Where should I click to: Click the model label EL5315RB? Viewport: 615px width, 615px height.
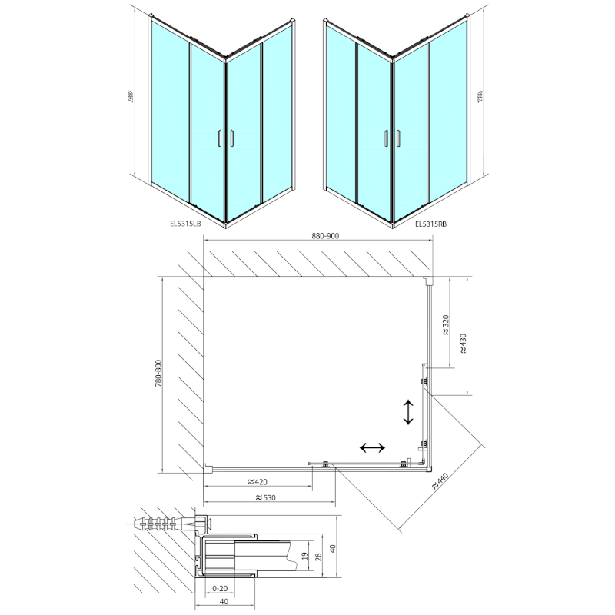(430, 224)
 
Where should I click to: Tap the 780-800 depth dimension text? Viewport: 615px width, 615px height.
(158, 374)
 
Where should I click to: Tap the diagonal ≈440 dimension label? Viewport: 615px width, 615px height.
(440, 483)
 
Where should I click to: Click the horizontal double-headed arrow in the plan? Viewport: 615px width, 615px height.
(372, 447)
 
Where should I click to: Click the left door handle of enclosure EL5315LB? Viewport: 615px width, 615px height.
(218, 138)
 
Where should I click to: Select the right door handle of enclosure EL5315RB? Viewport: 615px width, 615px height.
(399, 138)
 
